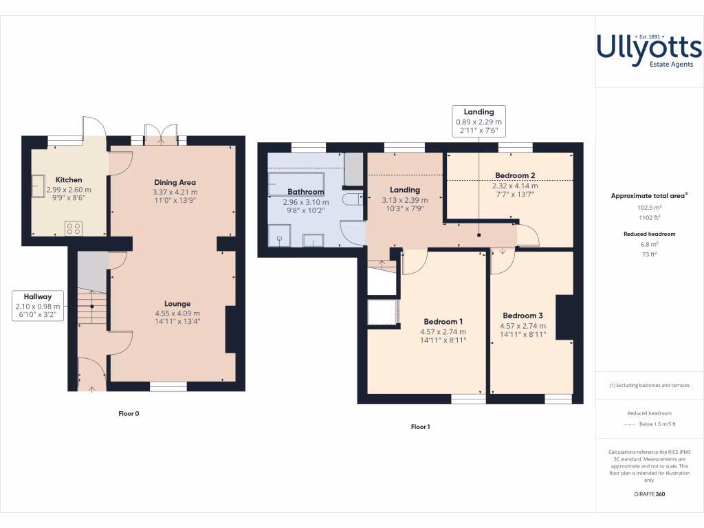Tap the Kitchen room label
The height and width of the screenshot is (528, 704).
tap(69, 180)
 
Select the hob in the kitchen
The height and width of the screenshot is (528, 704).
tap(74, 228)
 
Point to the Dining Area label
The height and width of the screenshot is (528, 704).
tap(175, 182)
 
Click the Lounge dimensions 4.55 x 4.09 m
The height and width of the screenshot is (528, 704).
tap(177, 313)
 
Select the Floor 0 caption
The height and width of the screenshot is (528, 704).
tap(129, 414)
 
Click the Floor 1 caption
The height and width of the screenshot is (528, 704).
tap(420, 427)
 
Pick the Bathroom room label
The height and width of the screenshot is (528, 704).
tap(305, 192)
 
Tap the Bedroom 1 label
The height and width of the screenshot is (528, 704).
tap(443, 322)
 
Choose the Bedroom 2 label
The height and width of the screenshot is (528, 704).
tap(515, 175)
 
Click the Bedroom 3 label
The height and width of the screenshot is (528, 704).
tap(522, 316)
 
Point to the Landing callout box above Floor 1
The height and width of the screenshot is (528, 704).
tap(478, 121)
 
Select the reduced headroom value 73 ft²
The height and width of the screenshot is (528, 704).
tap(650, 254)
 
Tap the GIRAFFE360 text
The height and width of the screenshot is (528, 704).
tap(650, 494)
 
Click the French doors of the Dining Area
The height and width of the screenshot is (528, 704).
tap(160, 135)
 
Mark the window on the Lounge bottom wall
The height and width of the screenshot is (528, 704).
tap(168, 386)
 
